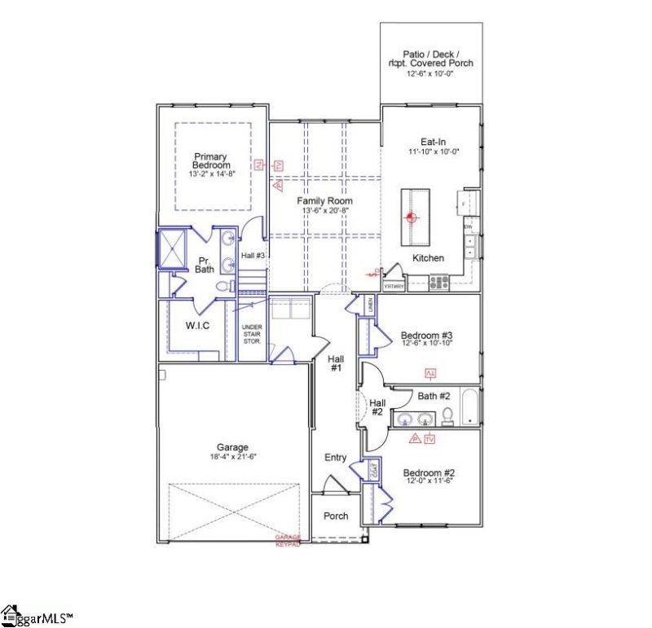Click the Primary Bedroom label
coord(210,160)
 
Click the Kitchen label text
coord(428,258)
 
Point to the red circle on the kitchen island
coord(412,217)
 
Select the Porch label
coord(336,516)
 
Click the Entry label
coord(336,458)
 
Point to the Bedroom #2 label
coord(428,473)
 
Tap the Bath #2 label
coord(434,397)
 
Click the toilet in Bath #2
coord(447,417)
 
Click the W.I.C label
coord(197,327)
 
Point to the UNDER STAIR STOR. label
coord(251,334)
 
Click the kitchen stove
coord(439,283)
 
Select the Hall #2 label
coord(377,407)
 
